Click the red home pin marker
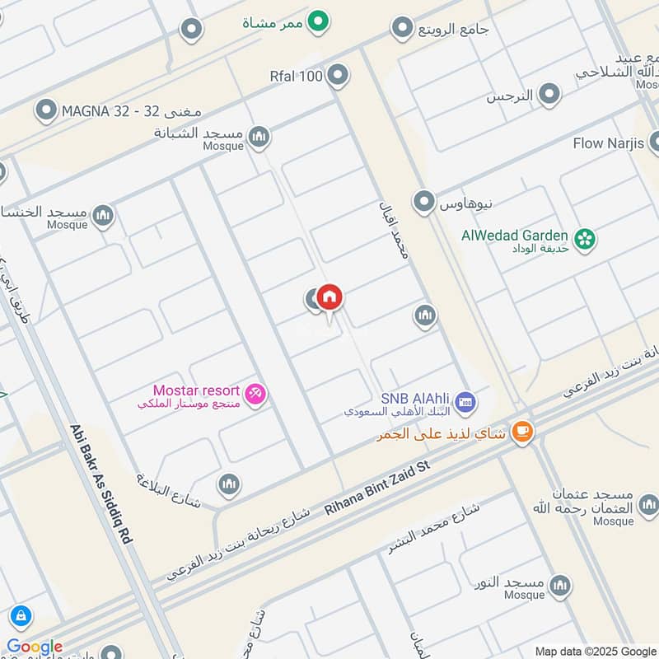coord(329,297)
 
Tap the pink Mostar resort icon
coord(257,395)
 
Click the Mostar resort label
coord(196,390)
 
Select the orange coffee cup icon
coord(521,431)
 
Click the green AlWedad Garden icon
coord(586,240)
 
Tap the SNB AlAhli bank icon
coord(465,401)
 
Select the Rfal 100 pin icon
coord(338,77)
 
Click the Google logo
coord(35,647)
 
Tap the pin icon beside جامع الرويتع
coord(402,29)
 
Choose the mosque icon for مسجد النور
coord(561,586)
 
